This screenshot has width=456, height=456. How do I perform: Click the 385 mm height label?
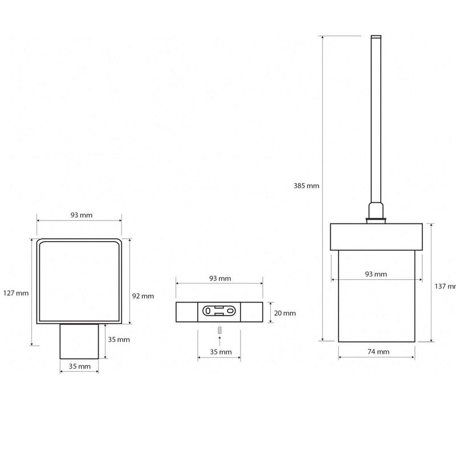pyautogui.click(x=306, y=186)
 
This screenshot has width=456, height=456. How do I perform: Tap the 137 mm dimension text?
pyautogui.click(x=445, y=286)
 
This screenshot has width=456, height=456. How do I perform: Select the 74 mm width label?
pyautogui.click(x=378, y=352)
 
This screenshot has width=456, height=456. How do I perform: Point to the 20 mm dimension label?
pyautogui.click(x=284, y=313)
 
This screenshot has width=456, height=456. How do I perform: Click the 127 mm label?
pyautogui.click(x=16, y=293)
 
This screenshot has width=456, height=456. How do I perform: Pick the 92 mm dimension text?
pyautogui.click(x=143, y=296)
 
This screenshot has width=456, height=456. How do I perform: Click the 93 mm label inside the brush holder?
pyautogui.click(x=376, y=274)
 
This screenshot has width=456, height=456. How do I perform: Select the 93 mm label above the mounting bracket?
pyautogui.click(x=220, y=278)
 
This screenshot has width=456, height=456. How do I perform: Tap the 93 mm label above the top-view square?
pyautogui.click(x=82, y=215)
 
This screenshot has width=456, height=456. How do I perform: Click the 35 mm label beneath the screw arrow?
pyautogui.click(x=221, y=352)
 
